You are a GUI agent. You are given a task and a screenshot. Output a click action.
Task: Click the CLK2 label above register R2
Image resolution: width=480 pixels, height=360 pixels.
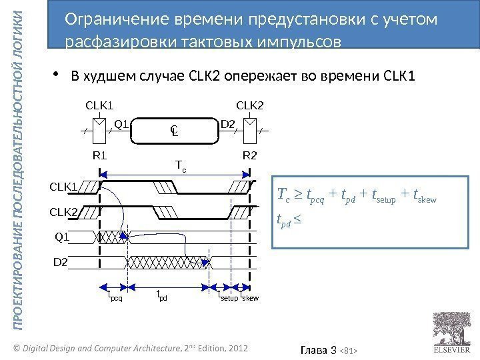[250, 105]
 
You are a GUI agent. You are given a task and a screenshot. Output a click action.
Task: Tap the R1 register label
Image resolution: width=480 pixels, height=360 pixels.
[99, 156]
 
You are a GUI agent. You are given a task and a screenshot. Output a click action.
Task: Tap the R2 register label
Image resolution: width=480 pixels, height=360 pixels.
[249, 156]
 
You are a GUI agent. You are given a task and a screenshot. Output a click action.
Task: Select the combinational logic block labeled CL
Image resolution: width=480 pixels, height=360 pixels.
[174, 131]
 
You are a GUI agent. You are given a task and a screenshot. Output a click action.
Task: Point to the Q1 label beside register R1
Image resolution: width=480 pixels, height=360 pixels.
[121, 123]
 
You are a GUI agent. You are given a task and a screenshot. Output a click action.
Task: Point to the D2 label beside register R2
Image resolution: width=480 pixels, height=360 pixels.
[228, 123]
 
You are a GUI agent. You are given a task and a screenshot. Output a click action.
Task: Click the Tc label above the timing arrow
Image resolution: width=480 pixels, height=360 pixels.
[180, 164]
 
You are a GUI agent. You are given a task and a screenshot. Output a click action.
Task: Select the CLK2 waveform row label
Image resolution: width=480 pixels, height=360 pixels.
[64, 213]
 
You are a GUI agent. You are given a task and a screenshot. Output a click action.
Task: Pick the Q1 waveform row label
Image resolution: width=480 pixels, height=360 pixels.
[61, 237]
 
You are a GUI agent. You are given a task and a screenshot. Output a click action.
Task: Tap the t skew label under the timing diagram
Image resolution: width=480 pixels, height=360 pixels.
[249, 296]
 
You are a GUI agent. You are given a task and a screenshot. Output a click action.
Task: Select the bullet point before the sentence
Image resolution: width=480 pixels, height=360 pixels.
[57, 74]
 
